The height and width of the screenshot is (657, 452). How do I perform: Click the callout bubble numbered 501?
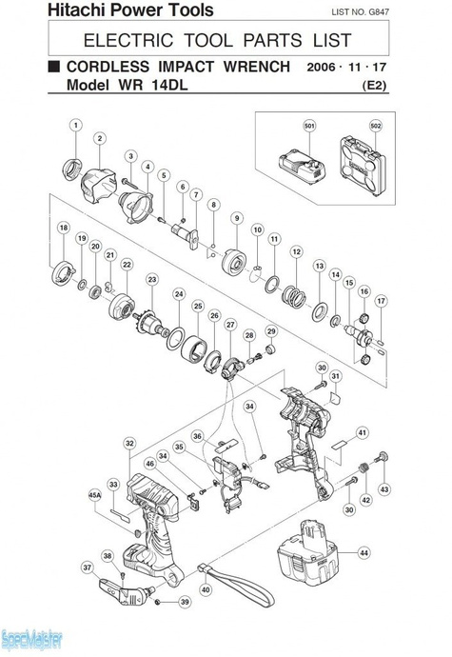pos(309,126)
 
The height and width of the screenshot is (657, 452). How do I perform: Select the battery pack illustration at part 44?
pos(308,552)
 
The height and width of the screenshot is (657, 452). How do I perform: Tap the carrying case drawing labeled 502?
pos(363,165)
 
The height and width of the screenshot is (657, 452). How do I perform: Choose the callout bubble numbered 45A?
pos(95,495)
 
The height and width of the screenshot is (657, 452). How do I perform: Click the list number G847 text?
pos(379,12)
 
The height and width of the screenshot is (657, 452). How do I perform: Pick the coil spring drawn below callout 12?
pos(295,296)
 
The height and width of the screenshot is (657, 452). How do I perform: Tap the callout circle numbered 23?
pos(152,280)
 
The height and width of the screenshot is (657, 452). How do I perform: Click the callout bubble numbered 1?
pos(76,125)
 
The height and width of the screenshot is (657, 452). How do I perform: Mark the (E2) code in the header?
pos(374,86)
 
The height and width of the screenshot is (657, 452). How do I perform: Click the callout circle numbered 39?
pos(185,602)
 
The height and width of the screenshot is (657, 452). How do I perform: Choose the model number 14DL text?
pos(169,85)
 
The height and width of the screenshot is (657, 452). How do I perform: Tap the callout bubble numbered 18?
pos(64,228)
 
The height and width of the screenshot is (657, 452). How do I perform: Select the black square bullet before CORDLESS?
pos(54,67)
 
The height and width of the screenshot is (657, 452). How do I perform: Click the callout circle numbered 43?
pos(383,489)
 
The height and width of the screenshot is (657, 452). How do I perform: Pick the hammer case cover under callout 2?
pos(98,186)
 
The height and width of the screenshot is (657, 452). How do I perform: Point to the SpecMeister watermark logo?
pos(31,640)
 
